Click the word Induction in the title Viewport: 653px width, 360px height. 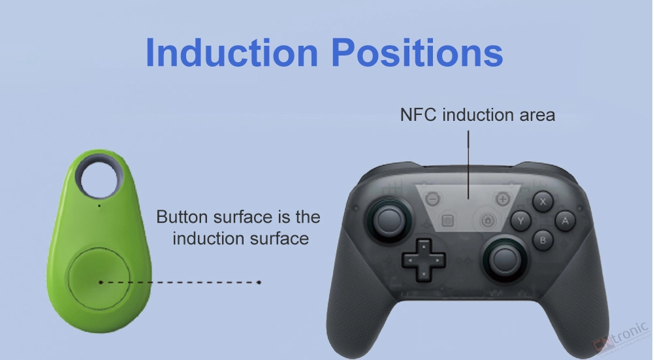(x=232, y=52)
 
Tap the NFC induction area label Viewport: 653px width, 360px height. (x=478, y=114)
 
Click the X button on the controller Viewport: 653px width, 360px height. (x=543, y=202)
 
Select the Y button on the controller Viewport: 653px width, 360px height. (x=521, y=220)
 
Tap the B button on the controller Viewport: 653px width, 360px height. (x=543, y=240)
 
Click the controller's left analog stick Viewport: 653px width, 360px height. (x=389, y=219)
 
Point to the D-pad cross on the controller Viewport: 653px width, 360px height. (x=424, y=260)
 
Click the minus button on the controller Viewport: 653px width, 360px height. (x=433, y=199)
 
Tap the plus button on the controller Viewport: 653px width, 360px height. (x=503, y=199)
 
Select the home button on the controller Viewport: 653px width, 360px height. (x=488, y=220)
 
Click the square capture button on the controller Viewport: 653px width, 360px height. (x=448, y=220)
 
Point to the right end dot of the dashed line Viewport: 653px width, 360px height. (x=259, y=282)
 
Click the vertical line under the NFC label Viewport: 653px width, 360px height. (x=468, y=164)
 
